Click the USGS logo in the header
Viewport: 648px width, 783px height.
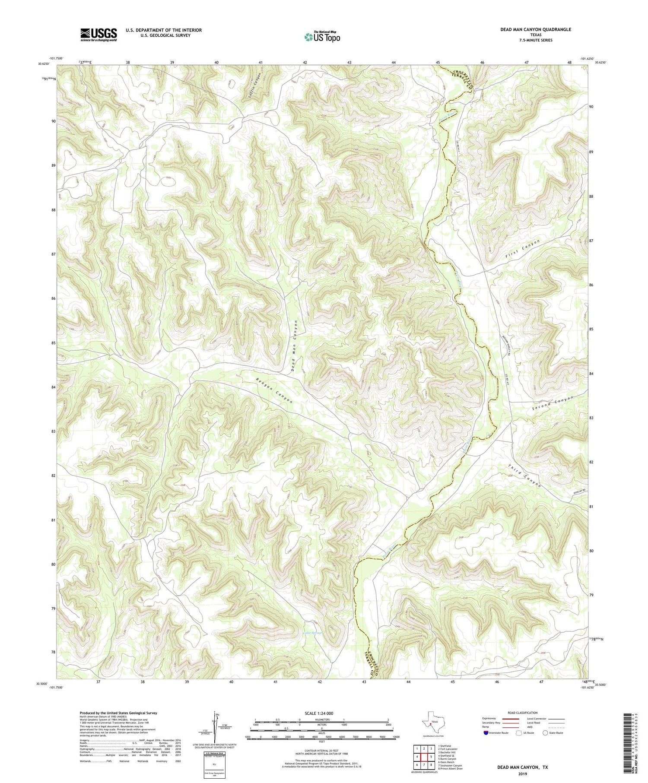click(98, 35)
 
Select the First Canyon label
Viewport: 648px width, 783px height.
click(523, 250)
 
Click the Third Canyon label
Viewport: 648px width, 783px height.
click(524, 476)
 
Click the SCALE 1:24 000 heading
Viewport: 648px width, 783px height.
click(321, 713)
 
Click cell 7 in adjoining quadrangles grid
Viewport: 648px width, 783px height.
click(424, 765)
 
